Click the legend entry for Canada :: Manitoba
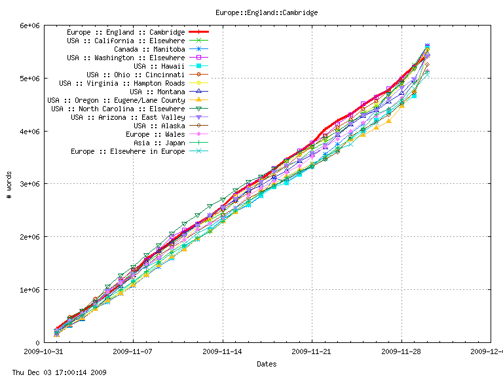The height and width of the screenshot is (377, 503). [x=149, y=49]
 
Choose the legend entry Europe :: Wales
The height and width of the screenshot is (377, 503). [x=156, y=134]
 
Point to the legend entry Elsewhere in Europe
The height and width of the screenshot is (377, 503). [x=128, y=151]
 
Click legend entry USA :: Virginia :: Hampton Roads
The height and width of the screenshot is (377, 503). [x=122, y=83]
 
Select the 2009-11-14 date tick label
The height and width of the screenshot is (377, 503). [x=223, y=351]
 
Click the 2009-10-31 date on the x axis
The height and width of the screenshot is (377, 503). [x=44, y=351]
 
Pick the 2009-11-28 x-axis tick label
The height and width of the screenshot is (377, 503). [x=401, y=351]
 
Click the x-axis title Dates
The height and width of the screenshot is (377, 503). [x=267, y=364]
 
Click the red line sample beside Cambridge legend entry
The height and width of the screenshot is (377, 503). [x=198, y=32]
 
